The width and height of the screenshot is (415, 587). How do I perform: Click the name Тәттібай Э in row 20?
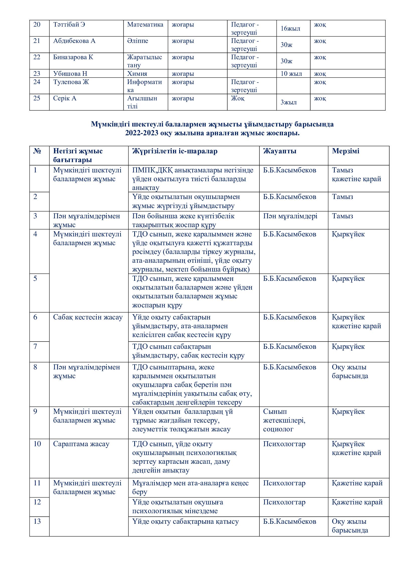(x=69, y=25)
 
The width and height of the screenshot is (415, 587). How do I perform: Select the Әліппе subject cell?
(x=137, y=41)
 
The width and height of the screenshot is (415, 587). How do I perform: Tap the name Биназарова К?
(x=73, y=57)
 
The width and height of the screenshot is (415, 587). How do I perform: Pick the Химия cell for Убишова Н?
(x=137, y=74)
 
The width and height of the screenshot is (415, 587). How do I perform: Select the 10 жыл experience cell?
(x=291, y=74)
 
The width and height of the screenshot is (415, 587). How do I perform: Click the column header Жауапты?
(x=280, y=151)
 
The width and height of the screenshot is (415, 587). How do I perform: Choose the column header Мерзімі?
(x=345, y=151)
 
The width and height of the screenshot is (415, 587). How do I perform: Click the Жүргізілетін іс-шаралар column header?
(x=175, y=151)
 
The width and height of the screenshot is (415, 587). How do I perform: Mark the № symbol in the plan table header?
(x=37, y=151)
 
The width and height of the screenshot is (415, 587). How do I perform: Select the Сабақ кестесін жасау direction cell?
(x=88, y=317)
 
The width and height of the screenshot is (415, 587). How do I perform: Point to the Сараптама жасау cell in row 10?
(x=81, y=444)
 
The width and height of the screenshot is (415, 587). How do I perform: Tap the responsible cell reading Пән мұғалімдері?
(x=290, y=216)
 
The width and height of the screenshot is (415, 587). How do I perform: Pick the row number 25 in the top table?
(x=37, y=98)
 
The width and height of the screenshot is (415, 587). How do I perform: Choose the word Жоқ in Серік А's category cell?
(x=238, y=98)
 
